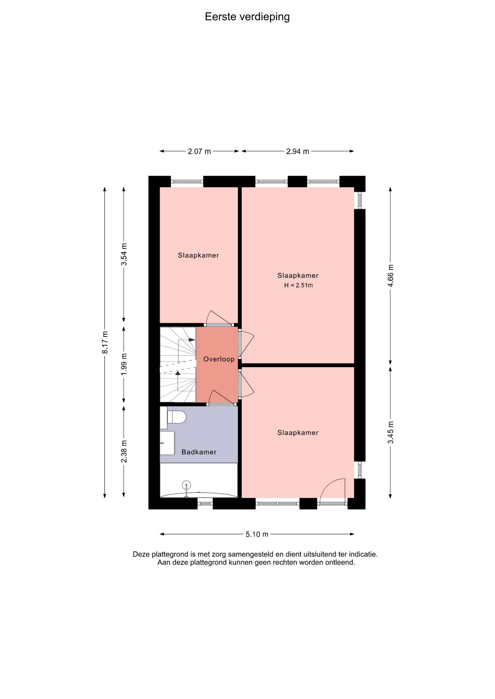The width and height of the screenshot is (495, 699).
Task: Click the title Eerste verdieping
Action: [x=247, y=17]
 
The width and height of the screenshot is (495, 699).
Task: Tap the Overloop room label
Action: [x=219, y=359]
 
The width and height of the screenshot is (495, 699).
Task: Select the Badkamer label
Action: [x=199, y=452]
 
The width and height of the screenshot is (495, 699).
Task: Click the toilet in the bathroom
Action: [x=176, y=417]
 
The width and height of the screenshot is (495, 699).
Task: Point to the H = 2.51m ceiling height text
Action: [x=299, y=285]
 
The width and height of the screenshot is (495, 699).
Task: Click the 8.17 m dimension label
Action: [x=105, y=342]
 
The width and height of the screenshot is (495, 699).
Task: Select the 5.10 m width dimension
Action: [x=257, y=534]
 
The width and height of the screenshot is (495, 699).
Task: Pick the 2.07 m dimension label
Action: [x=199, y=151]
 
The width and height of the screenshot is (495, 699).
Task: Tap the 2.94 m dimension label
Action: [x=298, y=151]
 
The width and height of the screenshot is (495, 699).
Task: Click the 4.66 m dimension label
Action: [x=391, y=276]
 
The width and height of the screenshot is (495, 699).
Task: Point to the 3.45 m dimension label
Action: [x=391, y=433]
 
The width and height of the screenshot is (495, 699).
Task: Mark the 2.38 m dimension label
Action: [x=124, y=451]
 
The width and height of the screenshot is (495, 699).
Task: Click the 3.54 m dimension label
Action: [x=124, y=254]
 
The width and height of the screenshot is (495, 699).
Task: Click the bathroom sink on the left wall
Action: [x=167, y=443]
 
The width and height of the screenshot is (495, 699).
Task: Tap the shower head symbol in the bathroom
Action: [x=187, y=486]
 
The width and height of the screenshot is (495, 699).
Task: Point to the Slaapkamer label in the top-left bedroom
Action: [x=199, y=256]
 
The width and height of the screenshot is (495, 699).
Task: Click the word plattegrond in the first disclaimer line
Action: [x=171, y=554]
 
